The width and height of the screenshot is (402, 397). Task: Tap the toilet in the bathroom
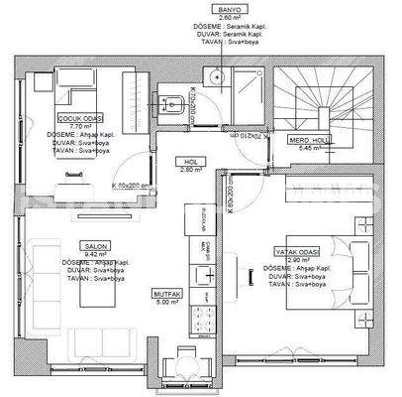pyautogui.click(x=173, y=97)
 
